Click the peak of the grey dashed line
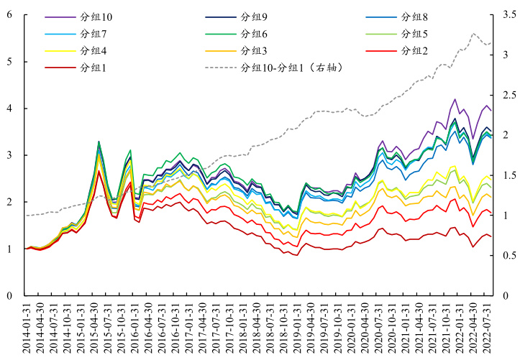click(473, 33)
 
